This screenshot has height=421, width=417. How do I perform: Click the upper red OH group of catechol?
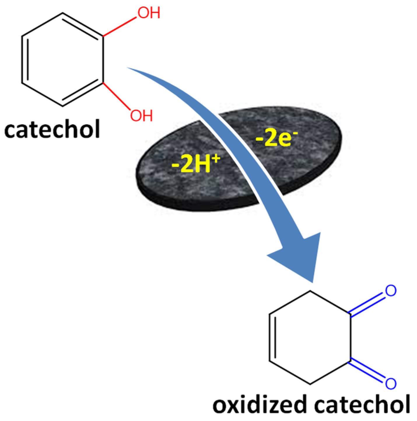tap(149, 13)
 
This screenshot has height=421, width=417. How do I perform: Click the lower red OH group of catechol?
tap(141, 116)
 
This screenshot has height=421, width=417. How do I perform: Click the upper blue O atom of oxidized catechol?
tap(390, 291)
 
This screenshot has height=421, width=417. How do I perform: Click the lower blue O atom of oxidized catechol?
tap(390, 383)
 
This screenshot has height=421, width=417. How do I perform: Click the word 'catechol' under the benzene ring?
tap(52, 130)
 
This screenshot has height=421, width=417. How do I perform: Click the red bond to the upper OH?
tap(120, 27)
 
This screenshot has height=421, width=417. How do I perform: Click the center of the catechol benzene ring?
tap(62, 59)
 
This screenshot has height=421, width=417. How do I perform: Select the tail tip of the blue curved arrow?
tap(128, 68)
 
